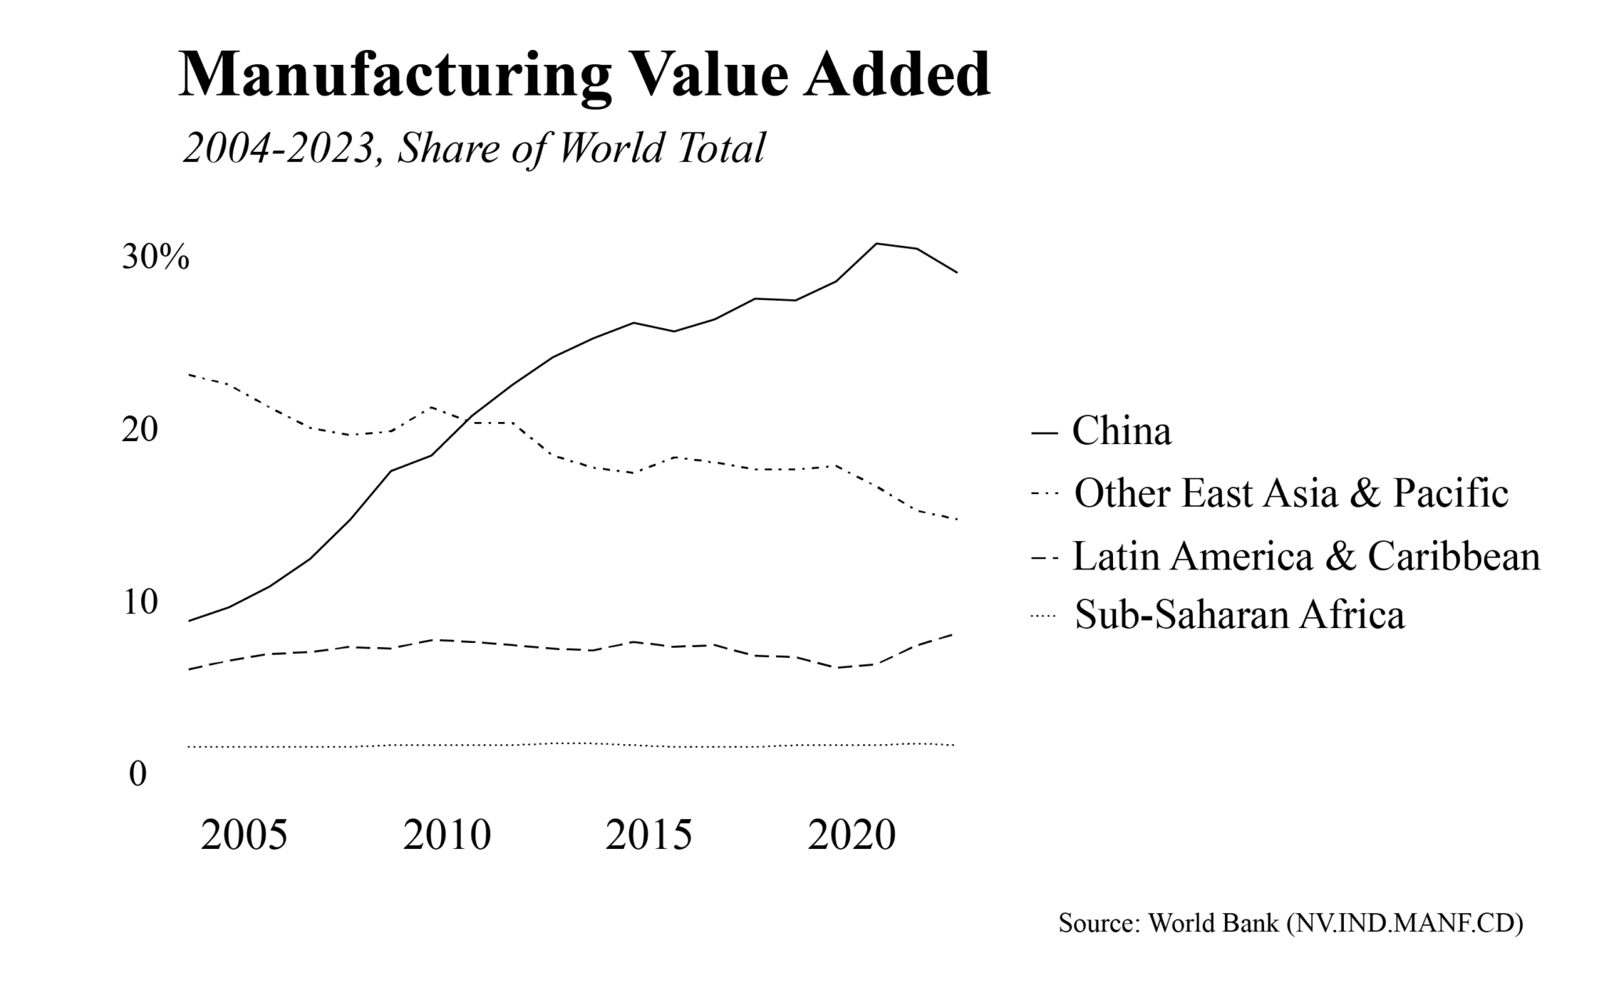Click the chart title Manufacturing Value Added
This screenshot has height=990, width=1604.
coord(584,74)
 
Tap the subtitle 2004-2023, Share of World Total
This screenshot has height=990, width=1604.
coord(473,148)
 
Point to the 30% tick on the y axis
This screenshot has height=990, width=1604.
coord(155,257)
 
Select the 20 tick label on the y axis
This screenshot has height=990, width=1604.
coord(139,429)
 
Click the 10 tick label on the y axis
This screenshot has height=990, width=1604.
coord(139,602)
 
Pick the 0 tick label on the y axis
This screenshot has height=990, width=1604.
coord(138,774)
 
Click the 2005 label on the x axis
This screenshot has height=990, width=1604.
coord(244,836)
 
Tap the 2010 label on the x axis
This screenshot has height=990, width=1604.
coord(446,836)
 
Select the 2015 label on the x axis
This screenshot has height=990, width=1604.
coord(648,836)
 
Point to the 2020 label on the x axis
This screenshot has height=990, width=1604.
coord(851,836)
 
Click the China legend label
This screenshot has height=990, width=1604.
coord(1121,431)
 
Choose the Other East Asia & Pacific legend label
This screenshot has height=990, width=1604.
coord(1291,493)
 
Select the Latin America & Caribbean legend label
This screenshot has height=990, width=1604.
coord(1306,556)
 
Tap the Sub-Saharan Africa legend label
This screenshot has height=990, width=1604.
coord(1240,615)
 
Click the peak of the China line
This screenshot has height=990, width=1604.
coord(876,244)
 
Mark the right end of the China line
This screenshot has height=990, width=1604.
coord(957,272)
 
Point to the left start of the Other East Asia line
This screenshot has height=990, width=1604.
coord(190,374)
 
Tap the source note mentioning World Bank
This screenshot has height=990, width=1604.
coord(1290,923)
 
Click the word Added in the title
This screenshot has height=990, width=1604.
coord(897,74)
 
